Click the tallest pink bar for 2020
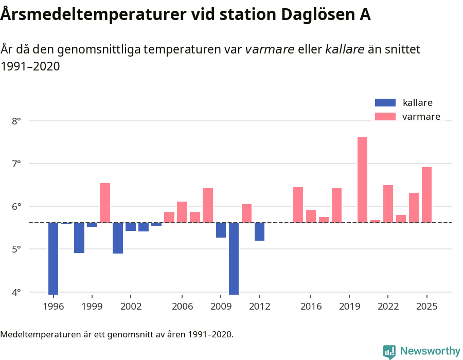(362, 179)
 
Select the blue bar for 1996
(53, 258)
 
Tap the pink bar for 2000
(105, 203)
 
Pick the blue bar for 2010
(234, 258)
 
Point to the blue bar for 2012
(259, 231)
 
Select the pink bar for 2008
(208, 205)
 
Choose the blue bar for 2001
(118, 238)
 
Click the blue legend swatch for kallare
(385, 103)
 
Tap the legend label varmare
(421, 117)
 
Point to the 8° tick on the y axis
(16, 121)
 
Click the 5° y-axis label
(16, 249)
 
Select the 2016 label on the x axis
(311, 307)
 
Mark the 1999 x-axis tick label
(92, 307)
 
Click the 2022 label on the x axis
(388, 307)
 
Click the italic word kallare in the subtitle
(345, 49)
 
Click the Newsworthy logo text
(430, 351)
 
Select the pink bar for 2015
(298, 205)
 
